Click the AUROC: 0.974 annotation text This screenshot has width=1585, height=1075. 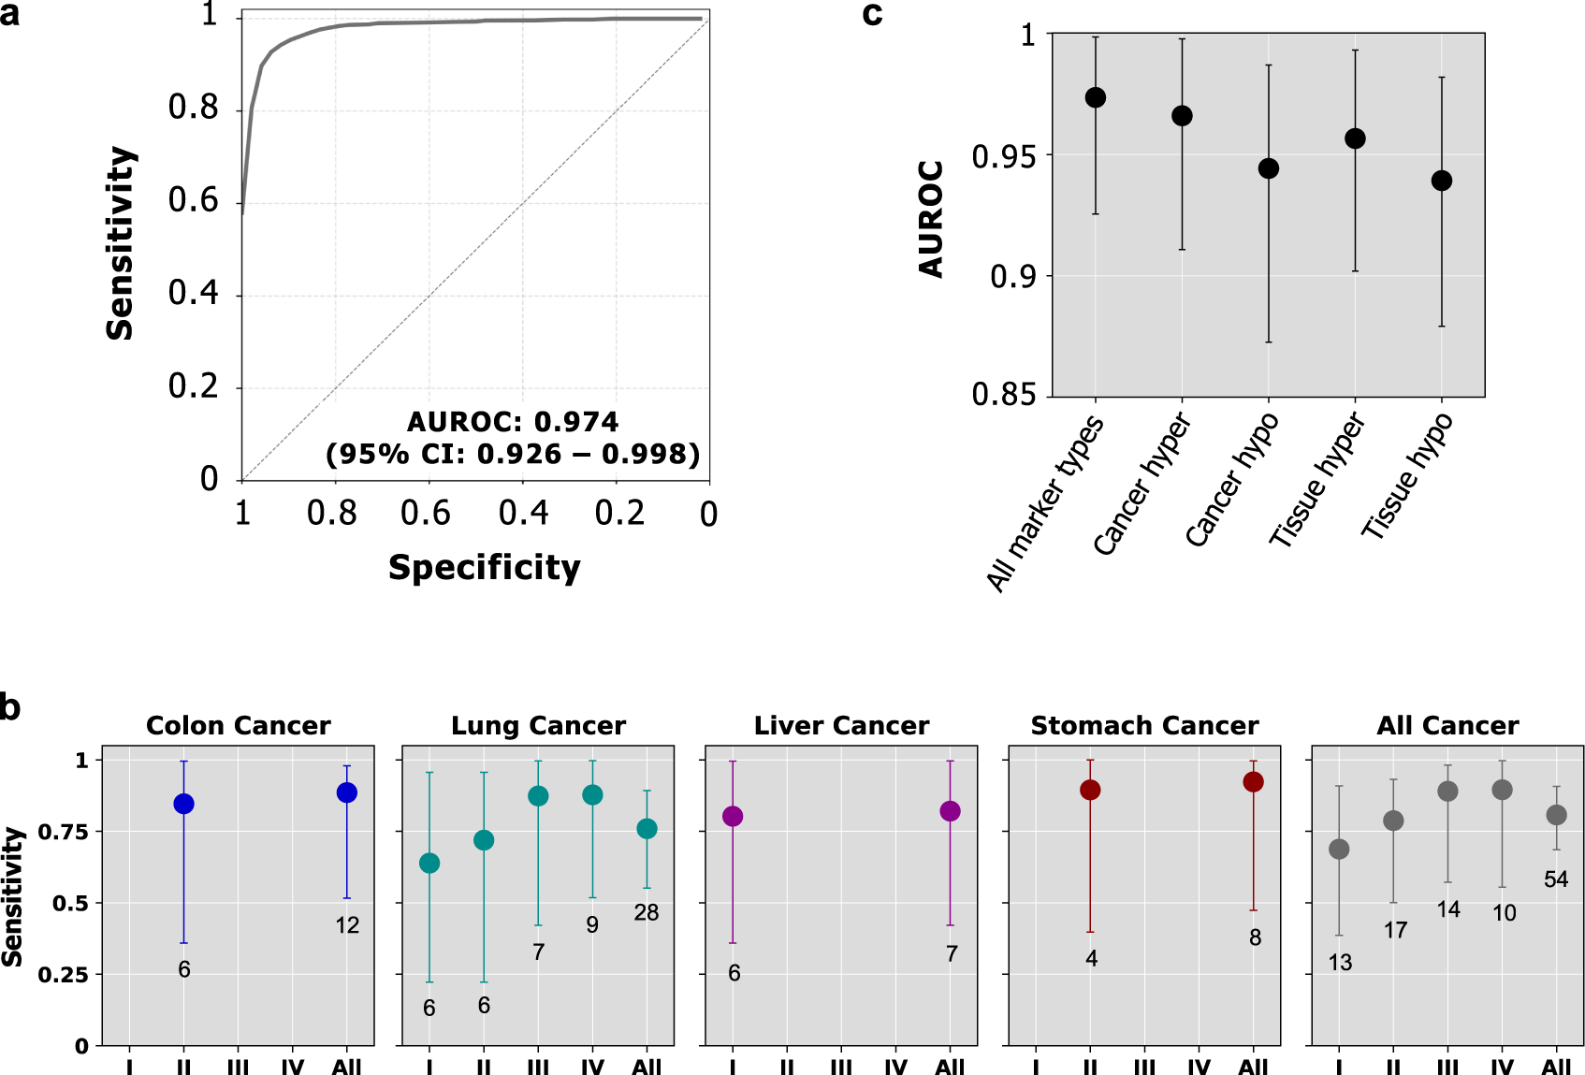coord(513,422)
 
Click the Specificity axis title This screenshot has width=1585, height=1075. coord(485,568)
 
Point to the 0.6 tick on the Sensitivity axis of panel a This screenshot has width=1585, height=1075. coord(193,200)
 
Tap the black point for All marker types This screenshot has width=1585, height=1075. coord(1096,98)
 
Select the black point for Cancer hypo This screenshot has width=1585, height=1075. coord(1269,168)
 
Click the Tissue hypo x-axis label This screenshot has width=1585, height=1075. coord(1406,477)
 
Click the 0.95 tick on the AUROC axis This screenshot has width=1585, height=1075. coord(1004,156)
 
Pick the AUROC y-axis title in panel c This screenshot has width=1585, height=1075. coord(931,220)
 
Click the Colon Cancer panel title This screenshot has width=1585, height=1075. coord(238,726)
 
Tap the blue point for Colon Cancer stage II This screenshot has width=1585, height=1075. coord(184,805)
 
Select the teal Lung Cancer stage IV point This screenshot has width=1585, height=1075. coord(592,795)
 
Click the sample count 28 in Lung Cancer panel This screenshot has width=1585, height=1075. coord(647,913)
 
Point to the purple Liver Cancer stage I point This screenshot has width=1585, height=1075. coord(733,817)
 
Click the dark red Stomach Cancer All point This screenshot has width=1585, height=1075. coord(1254,782)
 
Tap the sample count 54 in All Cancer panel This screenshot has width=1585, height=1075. coord(1556,879)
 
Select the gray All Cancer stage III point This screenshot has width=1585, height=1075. coord(1447,792)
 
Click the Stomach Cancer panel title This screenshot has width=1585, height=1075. coord(1144,726)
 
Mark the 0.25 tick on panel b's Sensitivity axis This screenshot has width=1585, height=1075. coord(63,975)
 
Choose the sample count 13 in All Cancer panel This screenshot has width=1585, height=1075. coord(1340,963)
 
